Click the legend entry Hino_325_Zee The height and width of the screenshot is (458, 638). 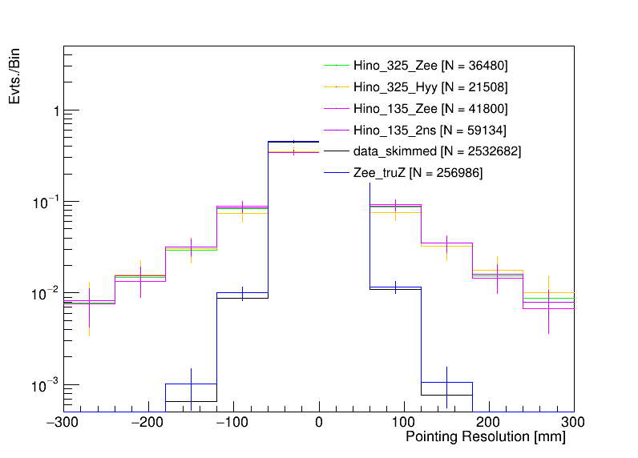tap(430, 65)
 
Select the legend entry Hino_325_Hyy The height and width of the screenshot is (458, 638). tap(430, 86)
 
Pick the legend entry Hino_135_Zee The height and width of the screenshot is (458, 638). tap(430, 108)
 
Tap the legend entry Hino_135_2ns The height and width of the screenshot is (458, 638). tap(430, 130)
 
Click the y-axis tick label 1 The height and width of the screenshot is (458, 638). tap(55, 111)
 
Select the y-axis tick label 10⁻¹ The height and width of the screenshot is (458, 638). tap(47, 202)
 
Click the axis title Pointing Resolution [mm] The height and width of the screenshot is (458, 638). tap(485, 437)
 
